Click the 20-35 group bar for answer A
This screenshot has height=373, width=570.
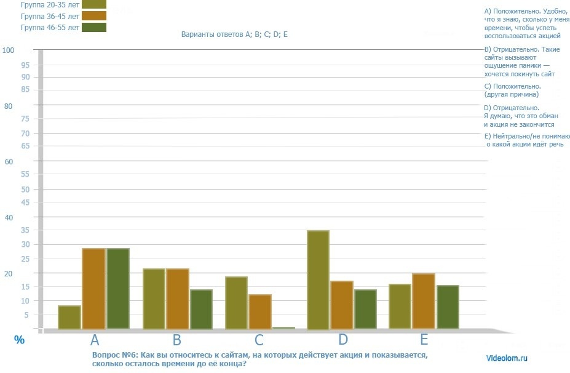coord(69,317)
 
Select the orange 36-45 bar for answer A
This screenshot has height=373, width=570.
coord(93,288)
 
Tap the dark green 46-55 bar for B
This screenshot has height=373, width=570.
coord(200,308)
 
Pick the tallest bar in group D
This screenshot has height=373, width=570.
coord(318,279)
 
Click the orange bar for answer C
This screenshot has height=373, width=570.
coord(259,311)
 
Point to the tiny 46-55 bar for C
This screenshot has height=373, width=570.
coord(283,328)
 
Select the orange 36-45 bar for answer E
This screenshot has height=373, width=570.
coord(424,301)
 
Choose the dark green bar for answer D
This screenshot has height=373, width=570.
coord(365,309)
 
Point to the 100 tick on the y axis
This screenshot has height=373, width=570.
coord(8,50)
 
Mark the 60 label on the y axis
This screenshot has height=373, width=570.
coord(9,162)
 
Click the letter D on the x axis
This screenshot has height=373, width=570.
coord(342,339)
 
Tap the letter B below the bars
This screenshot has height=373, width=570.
coord(176,340)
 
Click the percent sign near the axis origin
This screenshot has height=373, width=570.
coord(19,339)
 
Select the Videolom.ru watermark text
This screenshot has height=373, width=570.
coord(507,357)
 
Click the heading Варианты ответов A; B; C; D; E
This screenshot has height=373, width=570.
coord(234,34)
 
